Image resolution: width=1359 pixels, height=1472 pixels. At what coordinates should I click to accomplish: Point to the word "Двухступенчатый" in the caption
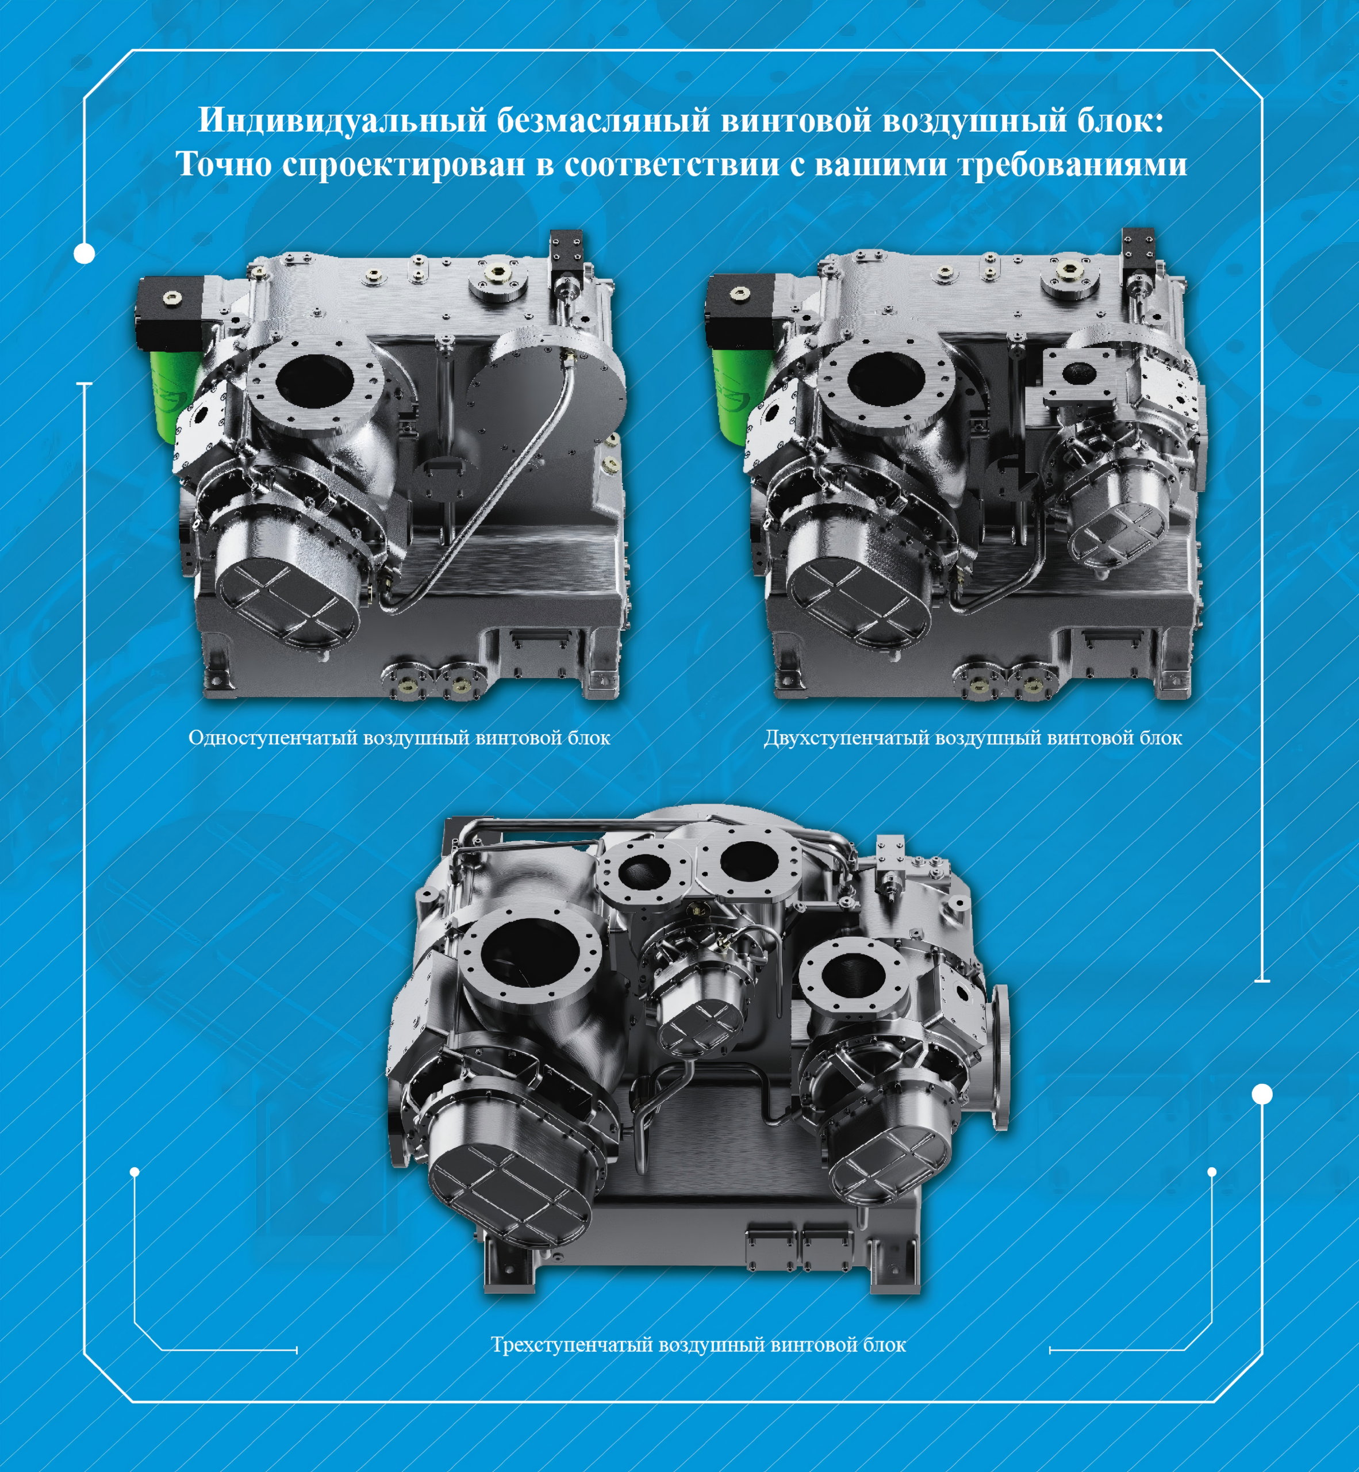pyautogui.click(x=845, y=738)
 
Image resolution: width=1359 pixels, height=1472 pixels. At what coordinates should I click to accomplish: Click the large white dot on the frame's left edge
pyautogui.click(x=85, y=254)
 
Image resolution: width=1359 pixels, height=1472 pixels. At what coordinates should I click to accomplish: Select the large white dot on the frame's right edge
pyautogui.click(x=1262, y=1095)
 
